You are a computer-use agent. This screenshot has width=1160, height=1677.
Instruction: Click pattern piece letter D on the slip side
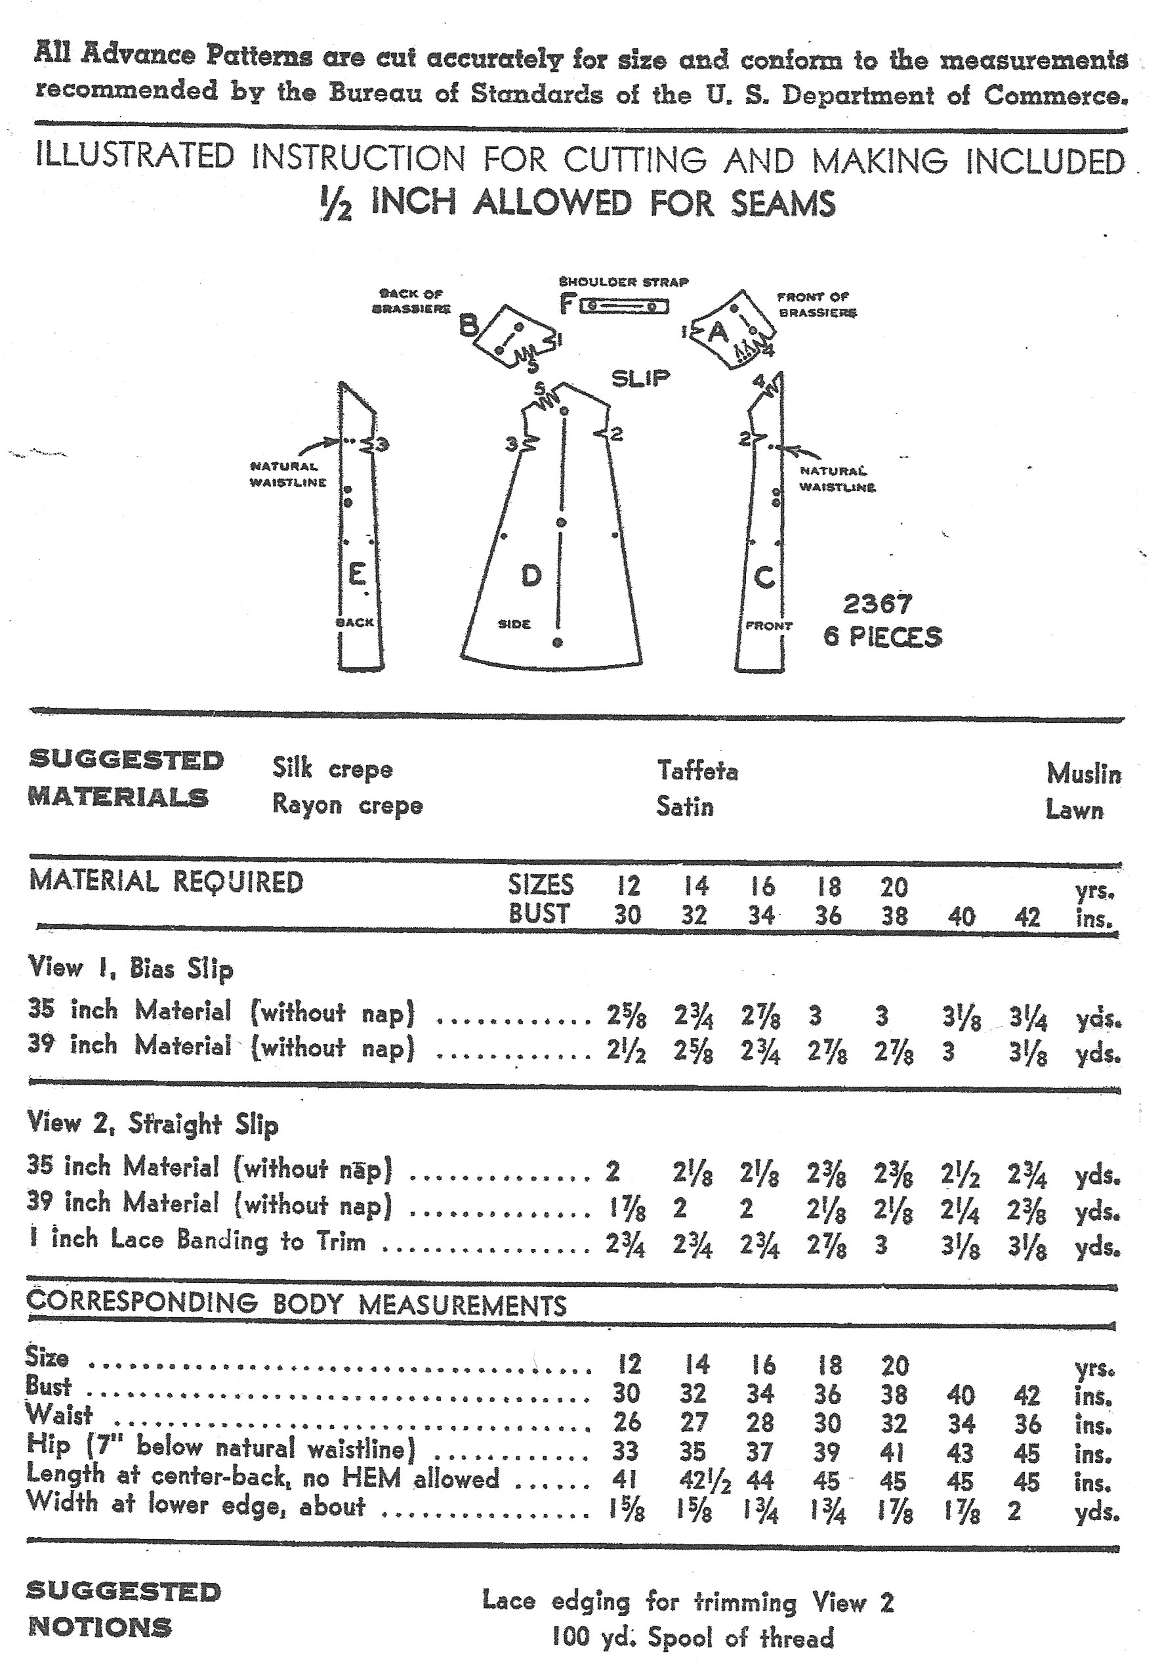point(531,576)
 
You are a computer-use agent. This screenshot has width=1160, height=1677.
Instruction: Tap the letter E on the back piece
point(357,575)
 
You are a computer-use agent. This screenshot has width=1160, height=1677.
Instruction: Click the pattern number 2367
point(877,603)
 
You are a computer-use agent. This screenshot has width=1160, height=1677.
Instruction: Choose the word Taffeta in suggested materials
point(697,770)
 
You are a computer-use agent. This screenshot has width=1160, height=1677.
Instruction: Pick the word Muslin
point(1083,773)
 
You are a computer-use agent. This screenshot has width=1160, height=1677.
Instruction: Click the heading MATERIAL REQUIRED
point(166,881)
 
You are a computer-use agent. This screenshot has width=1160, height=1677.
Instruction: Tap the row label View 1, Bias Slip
point(131,968)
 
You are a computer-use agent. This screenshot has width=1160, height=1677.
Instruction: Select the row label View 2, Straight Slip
point(153,1123)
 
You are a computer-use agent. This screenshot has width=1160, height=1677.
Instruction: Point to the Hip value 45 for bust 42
point(1026,1452)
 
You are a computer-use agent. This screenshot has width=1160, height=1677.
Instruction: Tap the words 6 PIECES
point(882,637)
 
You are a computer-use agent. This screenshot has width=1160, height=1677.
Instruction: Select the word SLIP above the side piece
point(640,378)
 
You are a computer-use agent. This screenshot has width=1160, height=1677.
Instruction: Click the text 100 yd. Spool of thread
point(692,1638)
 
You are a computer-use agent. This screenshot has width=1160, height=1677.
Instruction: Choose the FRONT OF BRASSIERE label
point(816,305)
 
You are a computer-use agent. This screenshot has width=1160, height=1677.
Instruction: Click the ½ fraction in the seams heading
point(336,206)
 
